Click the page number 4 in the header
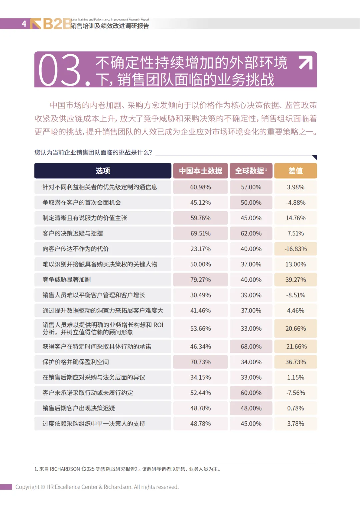24,24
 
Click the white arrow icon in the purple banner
305,62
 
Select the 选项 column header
103,171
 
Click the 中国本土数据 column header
200,171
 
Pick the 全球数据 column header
251,171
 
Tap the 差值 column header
295,171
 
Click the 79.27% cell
200,279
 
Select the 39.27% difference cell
295,279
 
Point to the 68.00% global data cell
251,347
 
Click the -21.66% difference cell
295,347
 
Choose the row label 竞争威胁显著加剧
67,279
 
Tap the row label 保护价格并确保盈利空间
76,362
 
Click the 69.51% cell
200,233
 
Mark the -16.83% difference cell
295,249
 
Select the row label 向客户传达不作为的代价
76,249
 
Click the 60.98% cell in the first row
200,187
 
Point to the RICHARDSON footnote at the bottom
127,469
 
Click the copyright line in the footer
97,487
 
